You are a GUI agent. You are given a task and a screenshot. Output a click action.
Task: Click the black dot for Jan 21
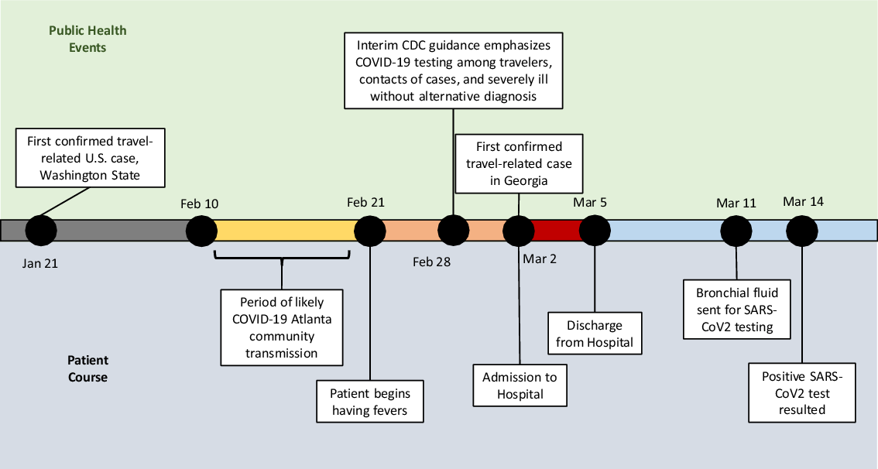pyautogui.click(x=41, y=230)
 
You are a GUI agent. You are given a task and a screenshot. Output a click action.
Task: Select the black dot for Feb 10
pyautogui.click(x=201, y=230)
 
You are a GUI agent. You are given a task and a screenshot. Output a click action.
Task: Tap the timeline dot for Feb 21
pyautogui.click(x=370, y=230)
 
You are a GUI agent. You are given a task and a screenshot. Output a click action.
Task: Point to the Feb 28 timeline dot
pyautogui.click(x=453, y=230)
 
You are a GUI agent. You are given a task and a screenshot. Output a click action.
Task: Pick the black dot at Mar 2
pyautogui.click(x=518, y=230)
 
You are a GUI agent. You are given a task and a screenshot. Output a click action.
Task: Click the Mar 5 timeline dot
pyautogui.click(x=595, y=230)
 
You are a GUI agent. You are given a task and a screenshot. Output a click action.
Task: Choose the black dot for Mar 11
pyautogui.click(x=736, y=230)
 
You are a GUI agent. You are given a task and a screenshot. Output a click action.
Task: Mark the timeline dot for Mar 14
pyautogui.click(x=802, y=230)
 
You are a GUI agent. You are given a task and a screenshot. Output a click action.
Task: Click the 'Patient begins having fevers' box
pyautogui.click(x=371, y=400)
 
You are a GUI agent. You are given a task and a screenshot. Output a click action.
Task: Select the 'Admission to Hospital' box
pyautogui.click(x=520, y=385)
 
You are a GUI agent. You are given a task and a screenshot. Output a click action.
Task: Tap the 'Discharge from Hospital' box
pyautogui.click(x=595, y=334)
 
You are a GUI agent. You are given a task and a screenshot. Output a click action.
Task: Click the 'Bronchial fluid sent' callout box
pyautogui.click(x=737, y=310)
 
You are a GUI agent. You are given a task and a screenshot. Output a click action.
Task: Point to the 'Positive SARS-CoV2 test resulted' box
pyautogui.click(x=803, y=392)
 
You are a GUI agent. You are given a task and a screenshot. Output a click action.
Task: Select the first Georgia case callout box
pyautogui.click(x=519, y=164)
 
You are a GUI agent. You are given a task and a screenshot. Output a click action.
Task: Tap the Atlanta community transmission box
pyautogui.click(x=281, y=327)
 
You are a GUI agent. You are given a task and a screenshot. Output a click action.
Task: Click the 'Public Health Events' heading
pyautogui.click(x=87, y=39)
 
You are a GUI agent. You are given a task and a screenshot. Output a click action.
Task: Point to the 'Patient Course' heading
pyautogui.click(x=87, y=368)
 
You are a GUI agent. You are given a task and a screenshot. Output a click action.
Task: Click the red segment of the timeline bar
pyautogui.click(x=556, y=230)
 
